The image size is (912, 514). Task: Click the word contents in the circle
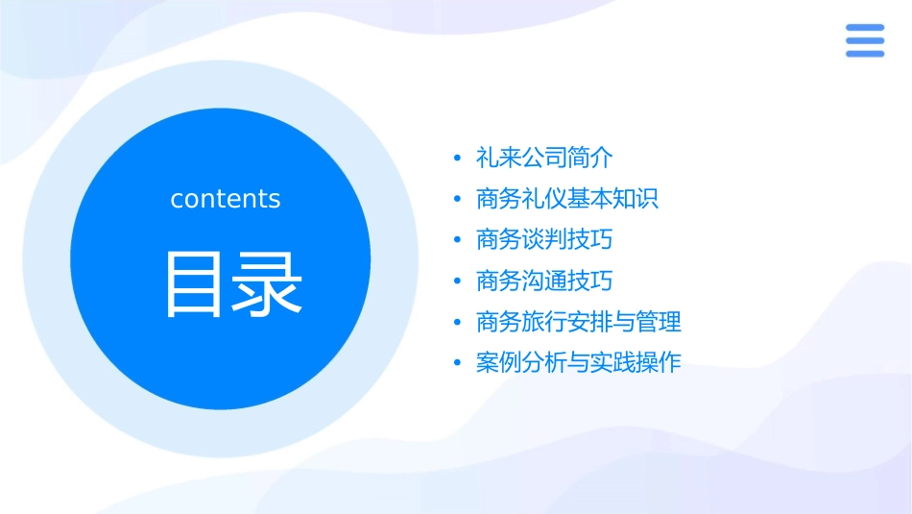tap(226, 199)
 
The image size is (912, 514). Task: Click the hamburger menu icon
tap(864, 40)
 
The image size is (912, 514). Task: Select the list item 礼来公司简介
tap(544, 158)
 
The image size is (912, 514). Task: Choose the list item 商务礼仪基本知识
tap(567, 199)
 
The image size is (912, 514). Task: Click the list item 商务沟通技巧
tap(544, 281)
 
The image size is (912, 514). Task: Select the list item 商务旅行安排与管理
tap(579, 322)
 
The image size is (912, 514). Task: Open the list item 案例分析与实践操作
tap(579, 363)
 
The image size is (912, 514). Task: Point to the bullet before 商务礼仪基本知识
tap(457, 200)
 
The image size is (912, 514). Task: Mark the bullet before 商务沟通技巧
tap(457, 282)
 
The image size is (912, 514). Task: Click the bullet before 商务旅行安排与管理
tap(457, 323)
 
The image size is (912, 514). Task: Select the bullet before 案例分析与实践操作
tap(457, 364)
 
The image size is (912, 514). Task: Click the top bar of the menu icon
tap(864, 27)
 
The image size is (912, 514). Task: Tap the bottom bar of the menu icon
tap(864, 54)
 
